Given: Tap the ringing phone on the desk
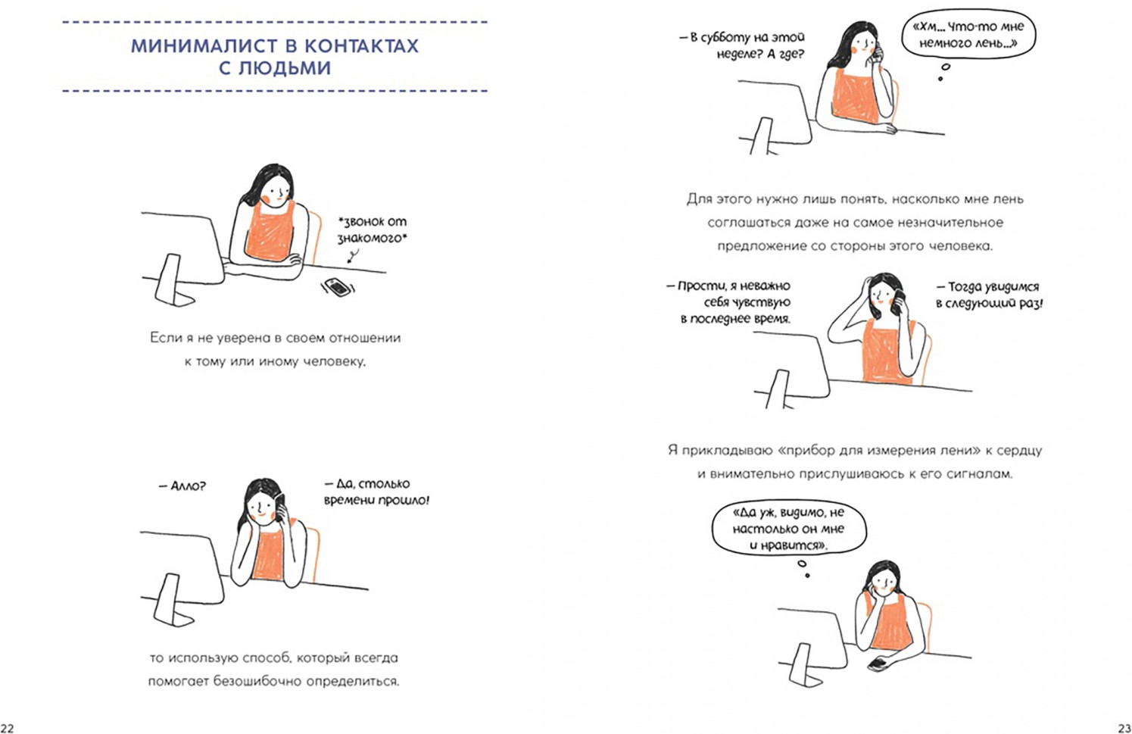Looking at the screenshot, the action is pos(337,288).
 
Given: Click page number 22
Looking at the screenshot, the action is pos(6,728).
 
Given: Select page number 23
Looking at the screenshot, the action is pos(1125,728).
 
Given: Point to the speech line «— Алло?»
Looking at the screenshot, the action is pos(182,486).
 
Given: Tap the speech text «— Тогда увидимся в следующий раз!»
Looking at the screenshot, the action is pos(988,295).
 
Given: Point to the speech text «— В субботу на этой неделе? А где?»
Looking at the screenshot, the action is pos(748,45).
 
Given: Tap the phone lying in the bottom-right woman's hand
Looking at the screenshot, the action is pos(879,664).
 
